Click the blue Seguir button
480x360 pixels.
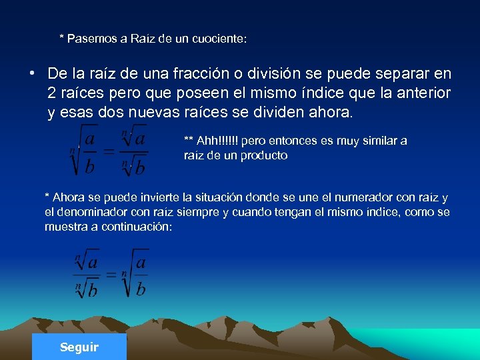79,347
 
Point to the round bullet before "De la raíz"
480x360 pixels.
31,73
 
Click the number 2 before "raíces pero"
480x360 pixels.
52,93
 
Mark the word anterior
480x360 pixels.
421,93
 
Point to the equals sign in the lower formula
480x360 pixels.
111,274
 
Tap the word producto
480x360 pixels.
265,155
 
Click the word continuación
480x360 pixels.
141,227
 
